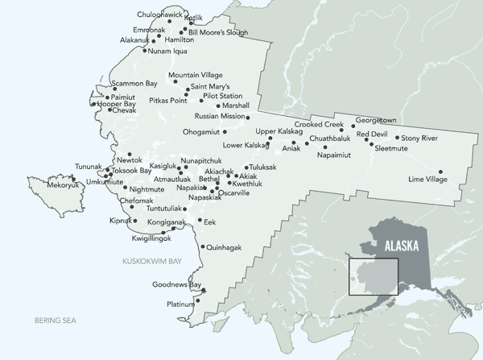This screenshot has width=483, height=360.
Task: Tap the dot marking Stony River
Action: pyautogui.click(x=397, y=138)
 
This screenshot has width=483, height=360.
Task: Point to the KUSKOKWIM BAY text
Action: pyautogui.click(x=152, y=262)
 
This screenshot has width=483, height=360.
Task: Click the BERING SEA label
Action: pyautogui.click(x=54, y=321)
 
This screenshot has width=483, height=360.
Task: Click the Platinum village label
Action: pyautogui.click(x=180, y=304)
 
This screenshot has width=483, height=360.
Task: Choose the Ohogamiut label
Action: pyautogui.click(x=201, y=132)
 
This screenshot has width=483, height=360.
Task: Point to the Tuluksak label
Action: pyautogui.click(x=261, y=167)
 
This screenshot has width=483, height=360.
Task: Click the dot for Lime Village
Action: pyautogui.click(x=440, y=171)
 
